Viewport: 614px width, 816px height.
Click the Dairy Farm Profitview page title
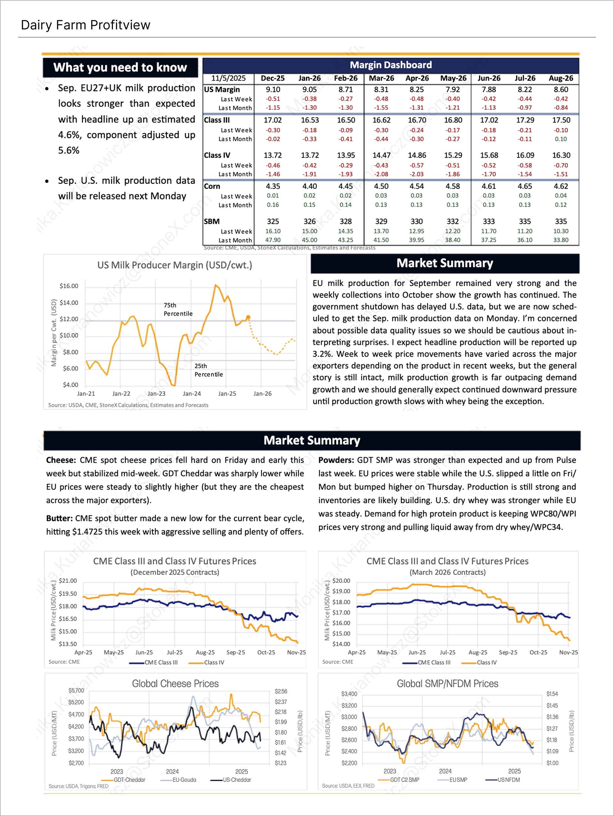pos(85,25)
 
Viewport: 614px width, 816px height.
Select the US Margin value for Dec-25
pos(272,89)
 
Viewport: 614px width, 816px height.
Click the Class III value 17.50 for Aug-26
pos(561,120)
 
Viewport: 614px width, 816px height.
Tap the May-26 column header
pos(453,78)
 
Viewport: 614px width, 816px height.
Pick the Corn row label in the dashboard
pos(212,186)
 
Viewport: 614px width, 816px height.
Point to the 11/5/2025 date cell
pos(228,78)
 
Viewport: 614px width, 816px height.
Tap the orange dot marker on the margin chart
pos(248,317)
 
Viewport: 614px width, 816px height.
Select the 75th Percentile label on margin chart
pos(178,309)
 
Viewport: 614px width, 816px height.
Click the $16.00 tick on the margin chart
pos(69,286)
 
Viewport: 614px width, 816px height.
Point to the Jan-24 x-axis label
pos(192,394)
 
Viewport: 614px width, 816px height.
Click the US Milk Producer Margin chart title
pos(175,265)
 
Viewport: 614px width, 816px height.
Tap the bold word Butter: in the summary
pos(59,518)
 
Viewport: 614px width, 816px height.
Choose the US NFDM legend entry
pos(508,780)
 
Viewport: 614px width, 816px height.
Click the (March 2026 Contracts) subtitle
pos(447,572)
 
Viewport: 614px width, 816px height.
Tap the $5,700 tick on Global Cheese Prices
pos(76,690)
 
